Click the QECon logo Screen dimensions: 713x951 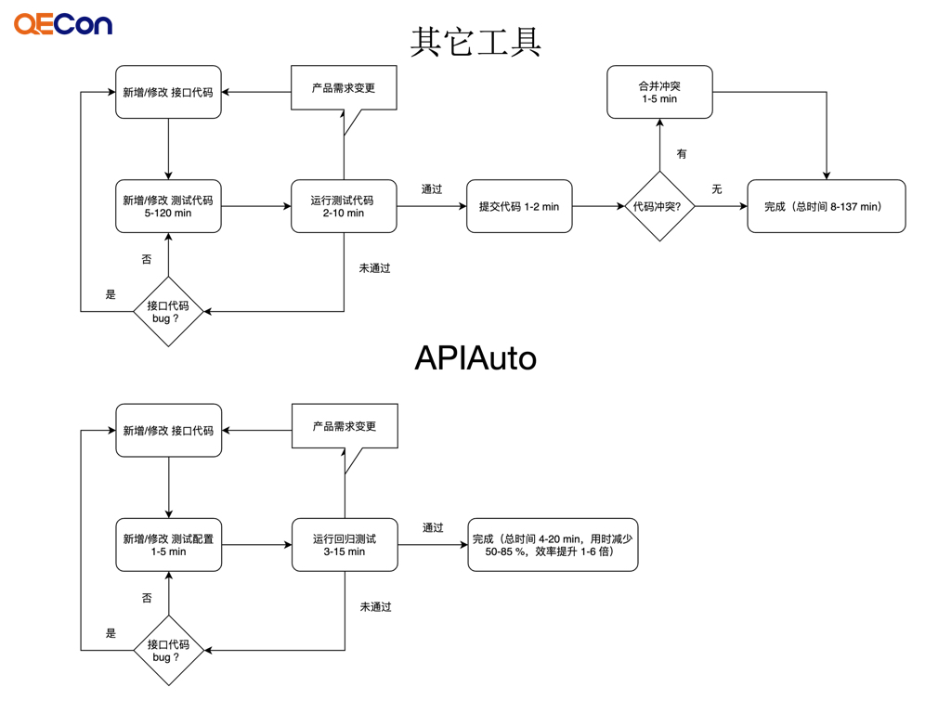pos(63,24)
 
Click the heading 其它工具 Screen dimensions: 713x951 pos(475,43)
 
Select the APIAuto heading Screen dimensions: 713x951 pos(475,357)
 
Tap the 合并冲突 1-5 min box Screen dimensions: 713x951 pos(659,92)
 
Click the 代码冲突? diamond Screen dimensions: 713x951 pos(659,206)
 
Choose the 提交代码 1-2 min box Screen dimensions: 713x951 pos(519,206)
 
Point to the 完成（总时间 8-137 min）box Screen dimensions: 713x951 pos(826,206)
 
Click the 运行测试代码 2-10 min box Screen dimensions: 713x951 pos(344,206)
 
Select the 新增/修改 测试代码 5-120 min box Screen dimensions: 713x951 pos(168,206)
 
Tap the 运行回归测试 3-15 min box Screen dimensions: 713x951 pos(345,545)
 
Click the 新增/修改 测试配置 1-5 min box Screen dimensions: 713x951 pos(168,545)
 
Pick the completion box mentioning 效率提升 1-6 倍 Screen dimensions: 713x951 pos(553,545)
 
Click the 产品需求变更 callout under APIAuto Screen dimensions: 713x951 pos(345,426)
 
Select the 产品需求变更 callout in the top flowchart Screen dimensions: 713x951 pos(344,88)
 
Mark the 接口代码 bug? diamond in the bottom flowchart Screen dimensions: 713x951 pos(168,650)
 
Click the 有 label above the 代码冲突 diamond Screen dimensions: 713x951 pos(682,154)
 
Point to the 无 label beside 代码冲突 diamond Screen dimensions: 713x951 pos(716,189)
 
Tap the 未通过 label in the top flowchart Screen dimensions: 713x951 pos(375,268)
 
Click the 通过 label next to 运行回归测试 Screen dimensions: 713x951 pos(433,528)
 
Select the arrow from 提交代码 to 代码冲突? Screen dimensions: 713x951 pos(598,206)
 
